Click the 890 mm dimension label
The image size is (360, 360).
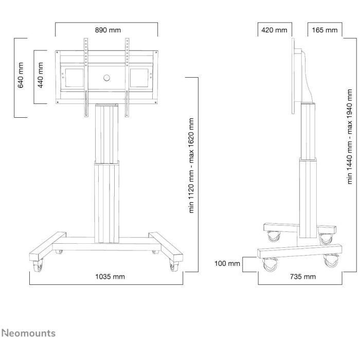(x=107, y=30)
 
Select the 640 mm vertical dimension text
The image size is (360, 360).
(x=21, y=75)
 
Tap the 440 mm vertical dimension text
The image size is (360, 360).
(x=41, y=75)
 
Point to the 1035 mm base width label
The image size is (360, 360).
(x=110, y=277)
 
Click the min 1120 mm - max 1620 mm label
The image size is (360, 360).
(x=191, y=166)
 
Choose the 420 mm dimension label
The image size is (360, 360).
(x=274, y=30)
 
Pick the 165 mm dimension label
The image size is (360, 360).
(x=325, y=30)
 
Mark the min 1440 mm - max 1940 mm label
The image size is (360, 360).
(x=349, y=137)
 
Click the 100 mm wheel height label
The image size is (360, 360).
(x=227, y=263)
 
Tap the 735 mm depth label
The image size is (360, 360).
(x=303, y=277)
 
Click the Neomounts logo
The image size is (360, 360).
(x=29, y=333)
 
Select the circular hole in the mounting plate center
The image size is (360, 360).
(x=106, y=78)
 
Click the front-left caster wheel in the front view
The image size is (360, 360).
(x=38, y=266)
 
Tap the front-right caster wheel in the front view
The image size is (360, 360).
(x=174, y=266)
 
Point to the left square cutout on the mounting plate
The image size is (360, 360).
(x=75, y=78)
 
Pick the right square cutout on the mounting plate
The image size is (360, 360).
(x=139, y=78)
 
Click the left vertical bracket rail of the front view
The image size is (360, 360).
(x=86, y=78)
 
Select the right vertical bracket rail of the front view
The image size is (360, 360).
(x=127, y=78)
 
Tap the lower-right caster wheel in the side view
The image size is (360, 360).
(x=331, y=261)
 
